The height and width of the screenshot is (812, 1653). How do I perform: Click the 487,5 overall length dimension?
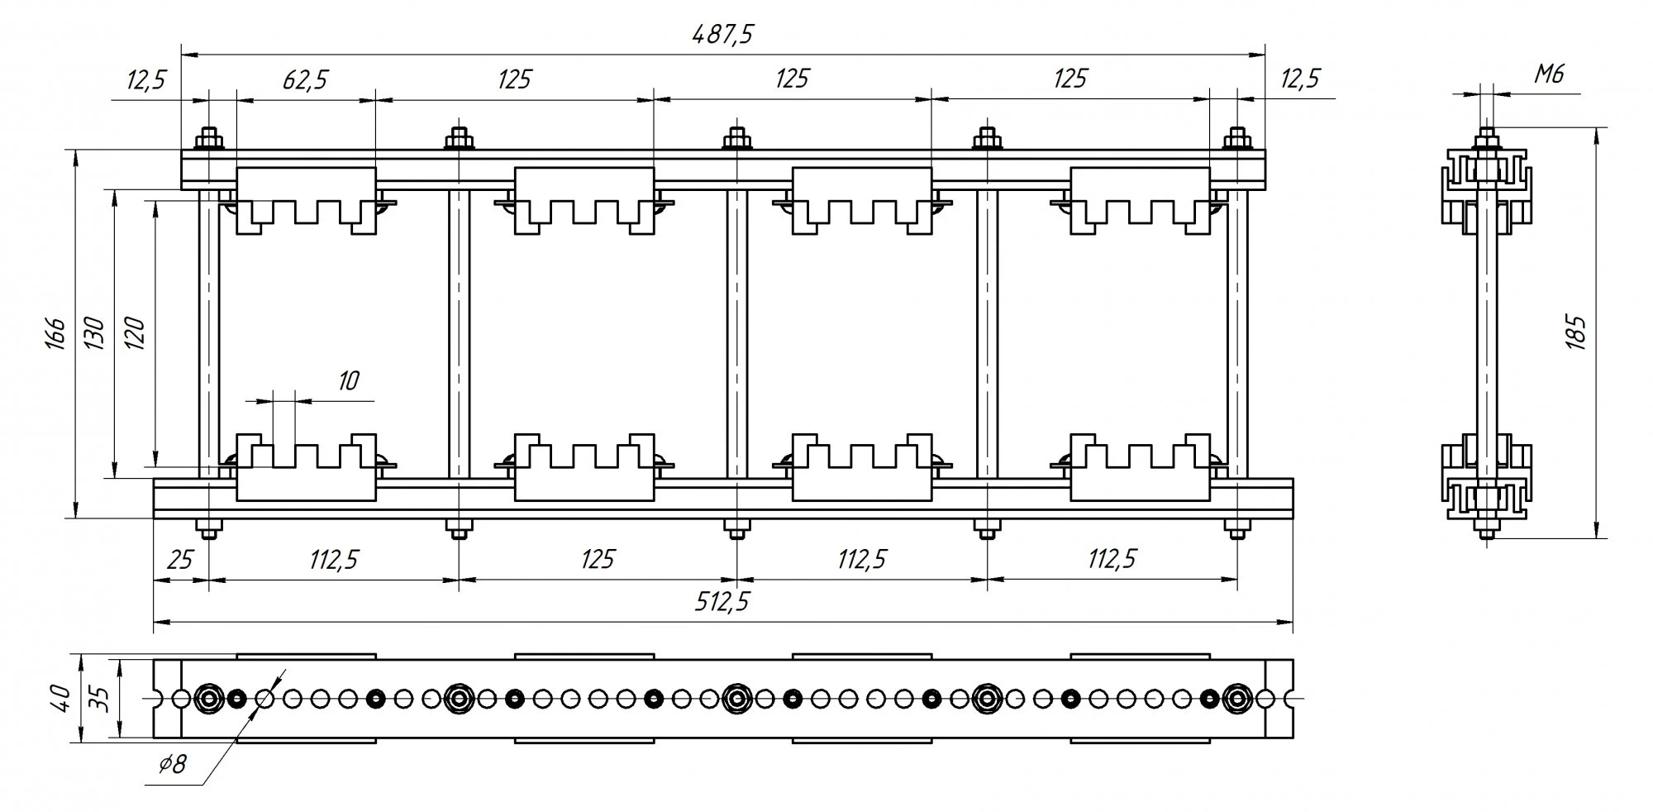click(724, 35)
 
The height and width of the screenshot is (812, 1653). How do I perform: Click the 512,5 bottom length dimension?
click(721, 602)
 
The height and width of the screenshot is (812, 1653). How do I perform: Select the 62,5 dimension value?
click(305, 79)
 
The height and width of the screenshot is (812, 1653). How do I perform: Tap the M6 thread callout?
click(1550, 75)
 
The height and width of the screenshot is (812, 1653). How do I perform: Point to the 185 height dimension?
click(1575, 332)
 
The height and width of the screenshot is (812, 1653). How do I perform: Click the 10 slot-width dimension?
click(349, 381)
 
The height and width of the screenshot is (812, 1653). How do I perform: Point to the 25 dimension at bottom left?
click(179, 560)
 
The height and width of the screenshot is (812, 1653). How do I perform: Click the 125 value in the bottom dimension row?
click(597, 560)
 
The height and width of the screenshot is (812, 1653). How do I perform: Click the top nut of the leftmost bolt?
click(208, 139)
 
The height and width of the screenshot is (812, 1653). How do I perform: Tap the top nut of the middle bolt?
click(736, 139)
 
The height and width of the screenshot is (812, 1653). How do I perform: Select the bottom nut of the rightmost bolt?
click(1236, 528)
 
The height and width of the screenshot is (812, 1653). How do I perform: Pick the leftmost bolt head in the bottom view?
click(208, 699)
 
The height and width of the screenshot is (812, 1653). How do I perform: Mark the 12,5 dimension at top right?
click(1300, 79)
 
